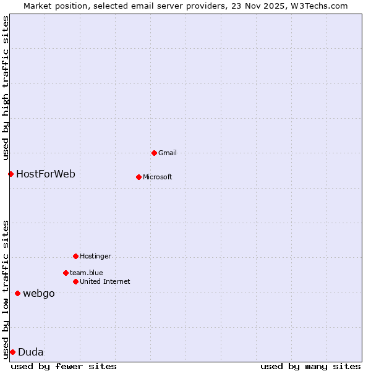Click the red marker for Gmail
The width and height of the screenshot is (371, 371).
pos(154,153)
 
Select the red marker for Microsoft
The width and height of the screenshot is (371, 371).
pos(139,177)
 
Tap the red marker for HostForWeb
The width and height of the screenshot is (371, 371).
pos(11,174)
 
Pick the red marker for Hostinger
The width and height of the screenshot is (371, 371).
pos(75,256)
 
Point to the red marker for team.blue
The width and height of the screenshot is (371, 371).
pos(66,273)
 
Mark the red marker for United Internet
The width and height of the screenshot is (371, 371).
pos(75,281)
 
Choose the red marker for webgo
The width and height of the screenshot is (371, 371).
pos(17,293)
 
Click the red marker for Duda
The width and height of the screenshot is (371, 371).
pos(12,352)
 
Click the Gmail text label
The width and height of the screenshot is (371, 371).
pos(168,153)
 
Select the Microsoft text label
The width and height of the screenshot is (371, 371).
pos(157,177)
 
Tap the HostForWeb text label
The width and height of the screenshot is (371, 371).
pos(46,174)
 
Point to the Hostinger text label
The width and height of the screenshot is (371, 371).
pos(95,256)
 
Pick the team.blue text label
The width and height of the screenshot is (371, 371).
pos(86,273)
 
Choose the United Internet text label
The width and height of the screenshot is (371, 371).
pos(104,281)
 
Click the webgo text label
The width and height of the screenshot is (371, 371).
pos(38,293)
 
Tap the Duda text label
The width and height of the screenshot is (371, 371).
pos(31,352)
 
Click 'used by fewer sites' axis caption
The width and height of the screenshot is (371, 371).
pos(64,366)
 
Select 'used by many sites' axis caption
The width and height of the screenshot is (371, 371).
pos(310,366)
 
